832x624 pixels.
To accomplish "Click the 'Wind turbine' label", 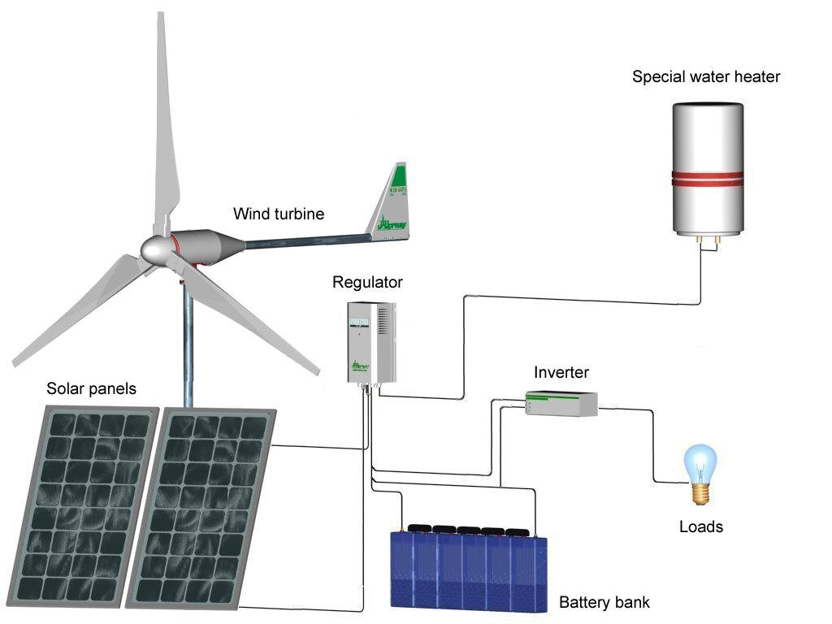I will click(279, 214).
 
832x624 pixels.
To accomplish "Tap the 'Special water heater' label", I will click(706, 77).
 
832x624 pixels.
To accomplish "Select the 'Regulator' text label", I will click(367, 283).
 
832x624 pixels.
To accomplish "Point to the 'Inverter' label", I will click(561, 373).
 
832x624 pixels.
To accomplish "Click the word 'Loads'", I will click(700, 526).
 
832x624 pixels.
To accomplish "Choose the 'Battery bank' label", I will click(604, 603).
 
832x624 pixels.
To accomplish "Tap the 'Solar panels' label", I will click(91, 389).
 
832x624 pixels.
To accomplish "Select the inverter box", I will click(561, 403).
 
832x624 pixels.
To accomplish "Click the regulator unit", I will click(369, 342).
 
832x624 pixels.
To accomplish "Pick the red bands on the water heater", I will click(706, 180).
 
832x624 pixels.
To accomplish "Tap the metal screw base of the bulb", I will click(700, 492).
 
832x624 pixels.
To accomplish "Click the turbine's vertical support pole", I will click(188, 349).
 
